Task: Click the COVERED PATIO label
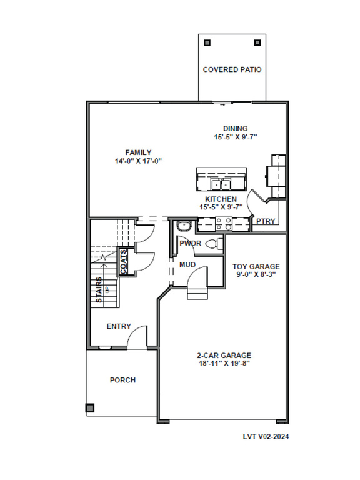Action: click(232, 69)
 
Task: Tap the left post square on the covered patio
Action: click(207, 42)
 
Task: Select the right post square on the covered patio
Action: click(257, 42)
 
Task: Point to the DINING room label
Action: click(235, 129)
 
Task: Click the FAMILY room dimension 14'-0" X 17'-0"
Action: click(138, 161)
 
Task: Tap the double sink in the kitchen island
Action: click(221, 184)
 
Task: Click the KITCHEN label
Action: click(221, 199)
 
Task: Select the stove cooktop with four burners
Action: click(224, 224)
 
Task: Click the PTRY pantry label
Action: click(266, 221)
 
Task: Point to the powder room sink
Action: click(184, 226)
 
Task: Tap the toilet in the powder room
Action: click(214, 244)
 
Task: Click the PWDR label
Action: click(191, 243)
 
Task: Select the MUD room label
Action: click(187, 265)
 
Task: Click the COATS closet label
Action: click(123, 262)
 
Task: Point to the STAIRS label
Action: click(99, 290)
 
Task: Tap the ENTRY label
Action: click(119, 326)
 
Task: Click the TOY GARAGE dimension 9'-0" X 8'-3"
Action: click(256, 274)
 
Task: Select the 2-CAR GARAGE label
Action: click(224, 356)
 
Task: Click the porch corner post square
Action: click(90, 408)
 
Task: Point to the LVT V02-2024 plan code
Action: click(266, 436)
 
